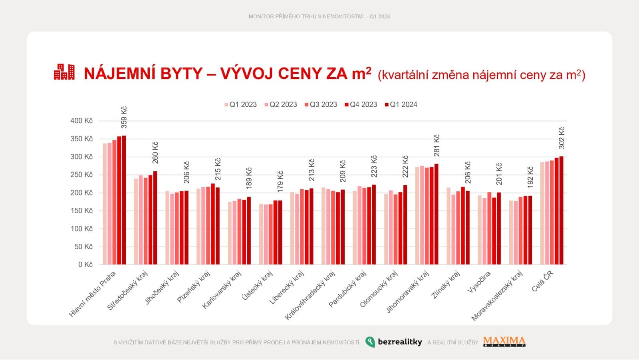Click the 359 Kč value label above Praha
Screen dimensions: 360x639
pos(124,117)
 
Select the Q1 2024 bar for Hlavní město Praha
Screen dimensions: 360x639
pos(124,200)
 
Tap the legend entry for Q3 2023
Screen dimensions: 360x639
pos(321,105)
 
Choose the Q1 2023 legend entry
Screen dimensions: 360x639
pos(240,105)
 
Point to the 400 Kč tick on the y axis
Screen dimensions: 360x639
pos(81,121)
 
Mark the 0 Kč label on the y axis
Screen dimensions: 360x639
pos(85,265)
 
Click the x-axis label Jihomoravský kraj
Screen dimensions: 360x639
pos(407,292)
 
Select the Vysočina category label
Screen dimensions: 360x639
pos(479,282)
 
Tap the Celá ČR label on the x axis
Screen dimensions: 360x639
pos(542,281)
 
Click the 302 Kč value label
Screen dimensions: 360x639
pos(562,138)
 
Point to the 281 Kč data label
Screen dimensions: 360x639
pos(437,145)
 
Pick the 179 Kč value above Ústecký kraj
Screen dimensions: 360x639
pos(280,181)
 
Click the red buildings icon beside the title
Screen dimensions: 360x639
pos(64,72)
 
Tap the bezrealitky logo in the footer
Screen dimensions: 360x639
pos(394,342)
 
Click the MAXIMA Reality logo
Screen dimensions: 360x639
pos(504,342)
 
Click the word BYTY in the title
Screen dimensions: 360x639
pos(181,74)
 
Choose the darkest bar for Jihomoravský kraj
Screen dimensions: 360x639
pos(437,214)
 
